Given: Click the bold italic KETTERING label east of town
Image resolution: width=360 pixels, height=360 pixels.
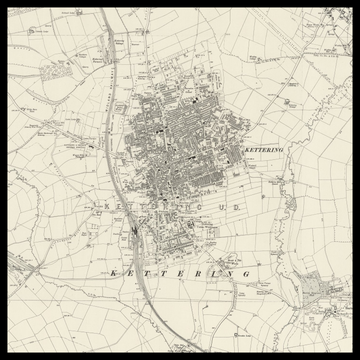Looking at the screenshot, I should (x=263, y=150).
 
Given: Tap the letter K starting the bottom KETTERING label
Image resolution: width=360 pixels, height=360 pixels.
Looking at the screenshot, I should (x=113, y=272).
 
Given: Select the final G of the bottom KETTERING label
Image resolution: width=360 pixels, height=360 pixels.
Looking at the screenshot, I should (x=245, y=272).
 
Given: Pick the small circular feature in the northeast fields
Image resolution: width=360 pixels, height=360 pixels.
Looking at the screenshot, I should (x=291, y=103).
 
